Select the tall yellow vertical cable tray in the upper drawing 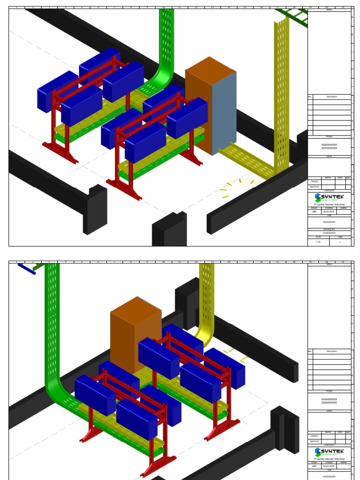(281, 94)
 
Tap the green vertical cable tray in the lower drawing (52, 328)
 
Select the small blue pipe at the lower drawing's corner (26, 269)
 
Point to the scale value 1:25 (318, 242)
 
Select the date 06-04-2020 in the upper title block (329, 212)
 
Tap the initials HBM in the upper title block (314, 212)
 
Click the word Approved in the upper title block (314, 187)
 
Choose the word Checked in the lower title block (314, 436)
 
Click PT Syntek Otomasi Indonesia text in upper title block (329, 204)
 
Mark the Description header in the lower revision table (331, 351)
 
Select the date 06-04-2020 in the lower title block (329, 466)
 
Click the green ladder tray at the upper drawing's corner (293, 16)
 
